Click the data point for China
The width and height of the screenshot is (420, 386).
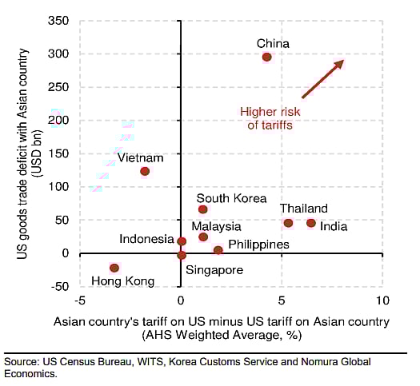coord(267,57)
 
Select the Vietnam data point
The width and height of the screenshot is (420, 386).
coord(145,171)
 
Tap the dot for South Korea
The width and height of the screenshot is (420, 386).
coord(203,209)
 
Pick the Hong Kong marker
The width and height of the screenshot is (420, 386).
coord(114,268)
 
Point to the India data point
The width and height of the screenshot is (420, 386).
coord(311,223)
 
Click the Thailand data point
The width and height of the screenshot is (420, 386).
coord(288,223)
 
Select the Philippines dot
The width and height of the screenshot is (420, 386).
coord(218,250)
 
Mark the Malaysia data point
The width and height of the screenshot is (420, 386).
coord(203,237)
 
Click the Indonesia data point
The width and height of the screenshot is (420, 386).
coord(182,241)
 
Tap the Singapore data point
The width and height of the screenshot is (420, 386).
coord(182,255)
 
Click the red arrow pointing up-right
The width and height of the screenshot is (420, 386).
coord(322,78)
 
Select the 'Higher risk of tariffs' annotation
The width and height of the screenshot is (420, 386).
coord(270,118)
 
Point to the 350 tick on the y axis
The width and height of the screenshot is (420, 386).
coord(61,21)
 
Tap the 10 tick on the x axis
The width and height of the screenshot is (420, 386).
coord(382,301)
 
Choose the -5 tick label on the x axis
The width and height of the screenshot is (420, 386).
coord(78,301)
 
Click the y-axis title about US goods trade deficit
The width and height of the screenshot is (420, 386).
coord(27,152)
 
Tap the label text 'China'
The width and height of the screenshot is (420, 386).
coord(273,43)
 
